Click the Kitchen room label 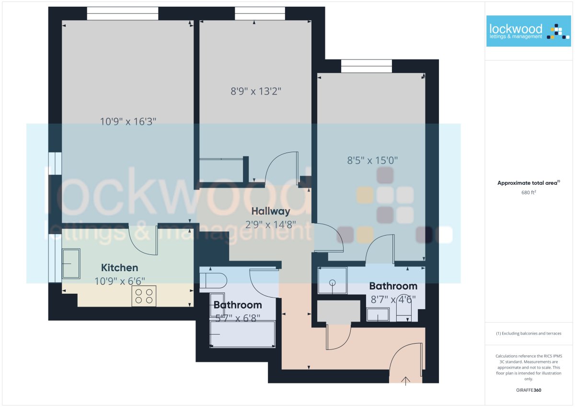pyautogui.click(x=119, y=268)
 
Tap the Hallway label pyautogui.click(x=271, y=211)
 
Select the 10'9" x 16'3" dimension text pyautogui.click(x=128, y=121)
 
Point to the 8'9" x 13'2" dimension pyautogui.click(x=256, y=91)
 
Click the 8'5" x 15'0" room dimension pyautogui.click(x=372, y=160)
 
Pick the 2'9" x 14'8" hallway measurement pyautogui.click(x=271, y=225)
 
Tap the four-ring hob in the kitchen pyautogui.click(x=144, y=296)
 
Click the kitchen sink pyautogui.click(x=71, y=263)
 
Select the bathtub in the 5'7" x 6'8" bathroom pyautogui.click(x=242, y=334)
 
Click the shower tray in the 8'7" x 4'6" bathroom pyautogui.click(x=333, y=280)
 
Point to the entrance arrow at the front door pyautogui.click(x=405, y=381)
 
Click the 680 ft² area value pyautogui.click(x=529, y=192)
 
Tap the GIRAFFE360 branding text pyautogui.click(x=529, y=390)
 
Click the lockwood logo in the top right pyautogui.click(x=529, y=31)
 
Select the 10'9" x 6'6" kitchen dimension pyautogui.click(x=120, y=281)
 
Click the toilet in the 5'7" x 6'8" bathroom pyautogui.click(x=213, y=280)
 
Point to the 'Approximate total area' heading pyautogui.click(x=529, y=183)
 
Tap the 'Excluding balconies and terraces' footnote pyautogui.click(x=529, y=334)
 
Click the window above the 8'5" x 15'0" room pyautogui.click(x=367, y=66)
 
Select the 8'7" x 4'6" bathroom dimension pyautogui.click(x=393, y=299)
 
